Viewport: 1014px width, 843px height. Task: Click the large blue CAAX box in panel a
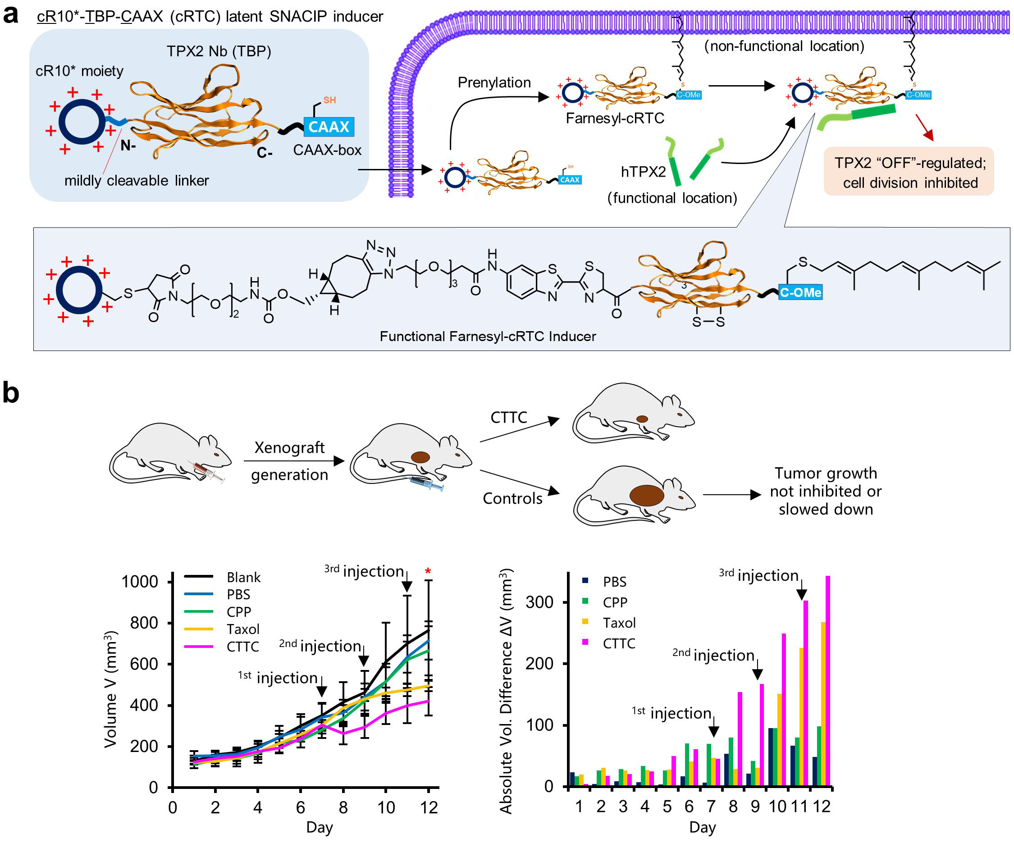click(329, 127)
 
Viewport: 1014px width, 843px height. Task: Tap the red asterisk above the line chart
click(428, 572)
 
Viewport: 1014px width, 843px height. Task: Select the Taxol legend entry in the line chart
click(243, 629)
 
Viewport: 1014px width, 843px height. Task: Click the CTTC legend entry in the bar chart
click(618, 643)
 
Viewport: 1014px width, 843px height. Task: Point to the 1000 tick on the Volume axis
click(140, 581)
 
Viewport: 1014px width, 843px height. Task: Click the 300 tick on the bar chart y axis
click(539, 602)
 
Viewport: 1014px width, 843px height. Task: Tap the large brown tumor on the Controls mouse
click(647, 495)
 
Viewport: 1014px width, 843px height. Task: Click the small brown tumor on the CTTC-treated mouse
click(642, 419)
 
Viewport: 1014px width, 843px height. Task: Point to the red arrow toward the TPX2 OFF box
click(925, 128)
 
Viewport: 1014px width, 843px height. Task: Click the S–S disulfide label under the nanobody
click(708, 322)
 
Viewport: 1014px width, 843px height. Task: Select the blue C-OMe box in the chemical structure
click(800, 292)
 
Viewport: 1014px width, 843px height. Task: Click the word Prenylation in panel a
click(494, 82)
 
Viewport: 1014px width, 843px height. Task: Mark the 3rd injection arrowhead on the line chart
click(407, 586)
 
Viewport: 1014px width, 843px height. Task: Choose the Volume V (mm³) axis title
click(110, 689)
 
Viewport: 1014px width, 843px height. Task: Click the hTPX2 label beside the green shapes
click(643, 171)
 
